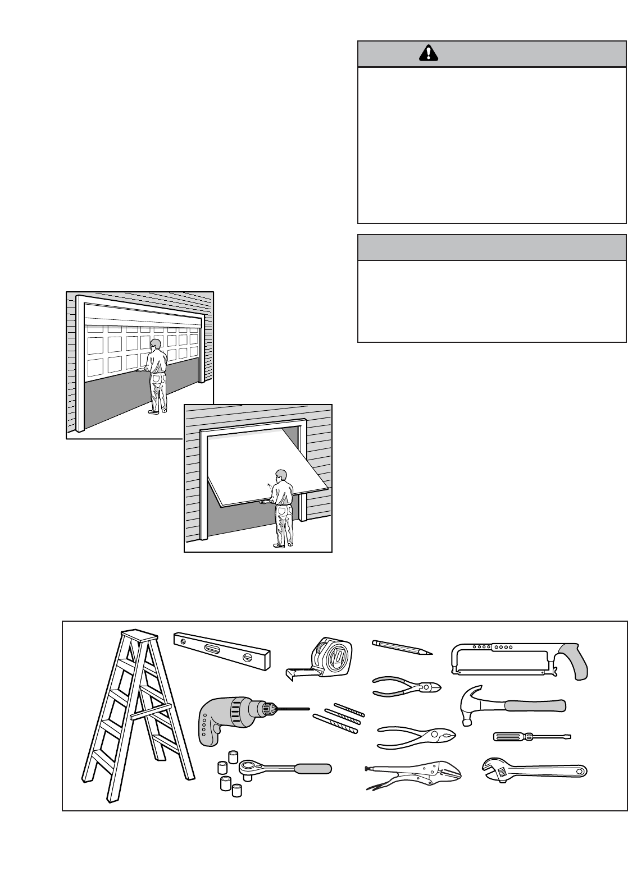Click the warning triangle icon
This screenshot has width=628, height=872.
(x=429, y=53)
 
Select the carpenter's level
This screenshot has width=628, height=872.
(x=222, y=651)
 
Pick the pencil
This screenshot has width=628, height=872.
(x=402, y=647)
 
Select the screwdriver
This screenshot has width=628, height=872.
(x=531, y=737)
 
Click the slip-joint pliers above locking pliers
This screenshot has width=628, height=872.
(x=416, y=737)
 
